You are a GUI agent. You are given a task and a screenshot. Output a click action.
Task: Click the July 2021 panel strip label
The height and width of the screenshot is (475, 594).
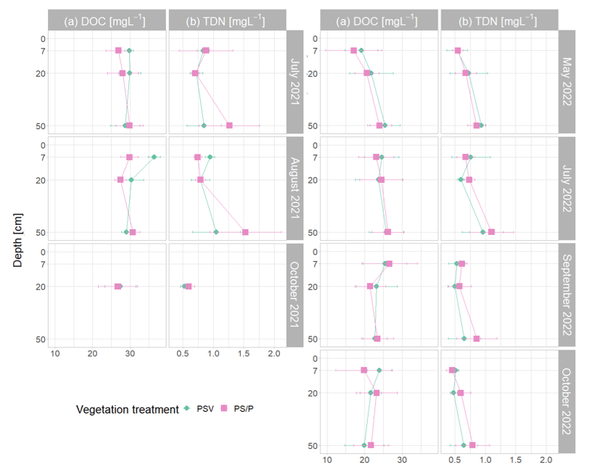point(296,81)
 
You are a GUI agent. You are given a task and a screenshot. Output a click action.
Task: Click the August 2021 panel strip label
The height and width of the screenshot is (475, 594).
point(296,189)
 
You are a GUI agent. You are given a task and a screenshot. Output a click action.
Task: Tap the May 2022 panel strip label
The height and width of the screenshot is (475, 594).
point(567,81)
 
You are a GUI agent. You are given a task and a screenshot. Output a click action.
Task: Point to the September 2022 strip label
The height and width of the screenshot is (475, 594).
point(567,295)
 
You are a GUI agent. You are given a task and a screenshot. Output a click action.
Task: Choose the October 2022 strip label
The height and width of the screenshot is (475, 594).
point(567,401)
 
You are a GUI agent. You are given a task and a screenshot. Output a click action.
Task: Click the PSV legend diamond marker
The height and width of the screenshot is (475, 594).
point(186,409)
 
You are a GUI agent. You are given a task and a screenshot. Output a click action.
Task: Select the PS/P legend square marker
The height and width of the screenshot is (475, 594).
point(225,409)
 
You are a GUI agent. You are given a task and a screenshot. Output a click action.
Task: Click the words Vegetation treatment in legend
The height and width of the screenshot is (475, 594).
point(127,410)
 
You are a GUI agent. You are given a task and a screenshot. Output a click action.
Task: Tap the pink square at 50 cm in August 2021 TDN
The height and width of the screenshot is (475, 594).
point(245,232)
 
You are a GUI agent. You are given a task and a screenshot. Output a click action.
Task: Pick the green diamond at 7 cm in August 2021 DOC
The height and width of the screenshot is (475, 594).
point(154,157)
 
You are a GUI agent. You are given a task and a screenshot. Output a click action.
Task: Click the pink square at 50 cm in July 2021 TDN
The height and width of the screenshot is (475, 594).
point(229,125)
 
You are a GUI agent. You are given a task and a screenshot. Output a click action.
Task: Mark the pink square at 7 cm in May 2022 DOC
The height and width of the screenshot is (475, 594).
point(354,51)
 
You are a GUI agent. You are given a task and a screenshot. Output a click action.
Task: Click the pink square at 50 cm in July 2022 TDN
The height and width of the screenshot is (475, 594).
point(491,232)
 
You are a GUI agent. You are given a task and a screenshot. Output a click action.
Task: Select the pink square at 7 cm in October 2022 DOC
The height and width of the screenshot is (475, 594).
point(364,371)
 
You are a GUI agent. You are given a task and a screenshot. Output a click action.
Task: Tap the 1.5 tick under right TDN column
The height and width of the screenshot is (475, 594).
point(516,460)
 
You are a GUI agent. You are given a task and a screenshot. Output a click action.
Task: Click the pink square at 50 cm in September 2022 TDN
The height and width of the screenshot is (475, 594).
point(477,339)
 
